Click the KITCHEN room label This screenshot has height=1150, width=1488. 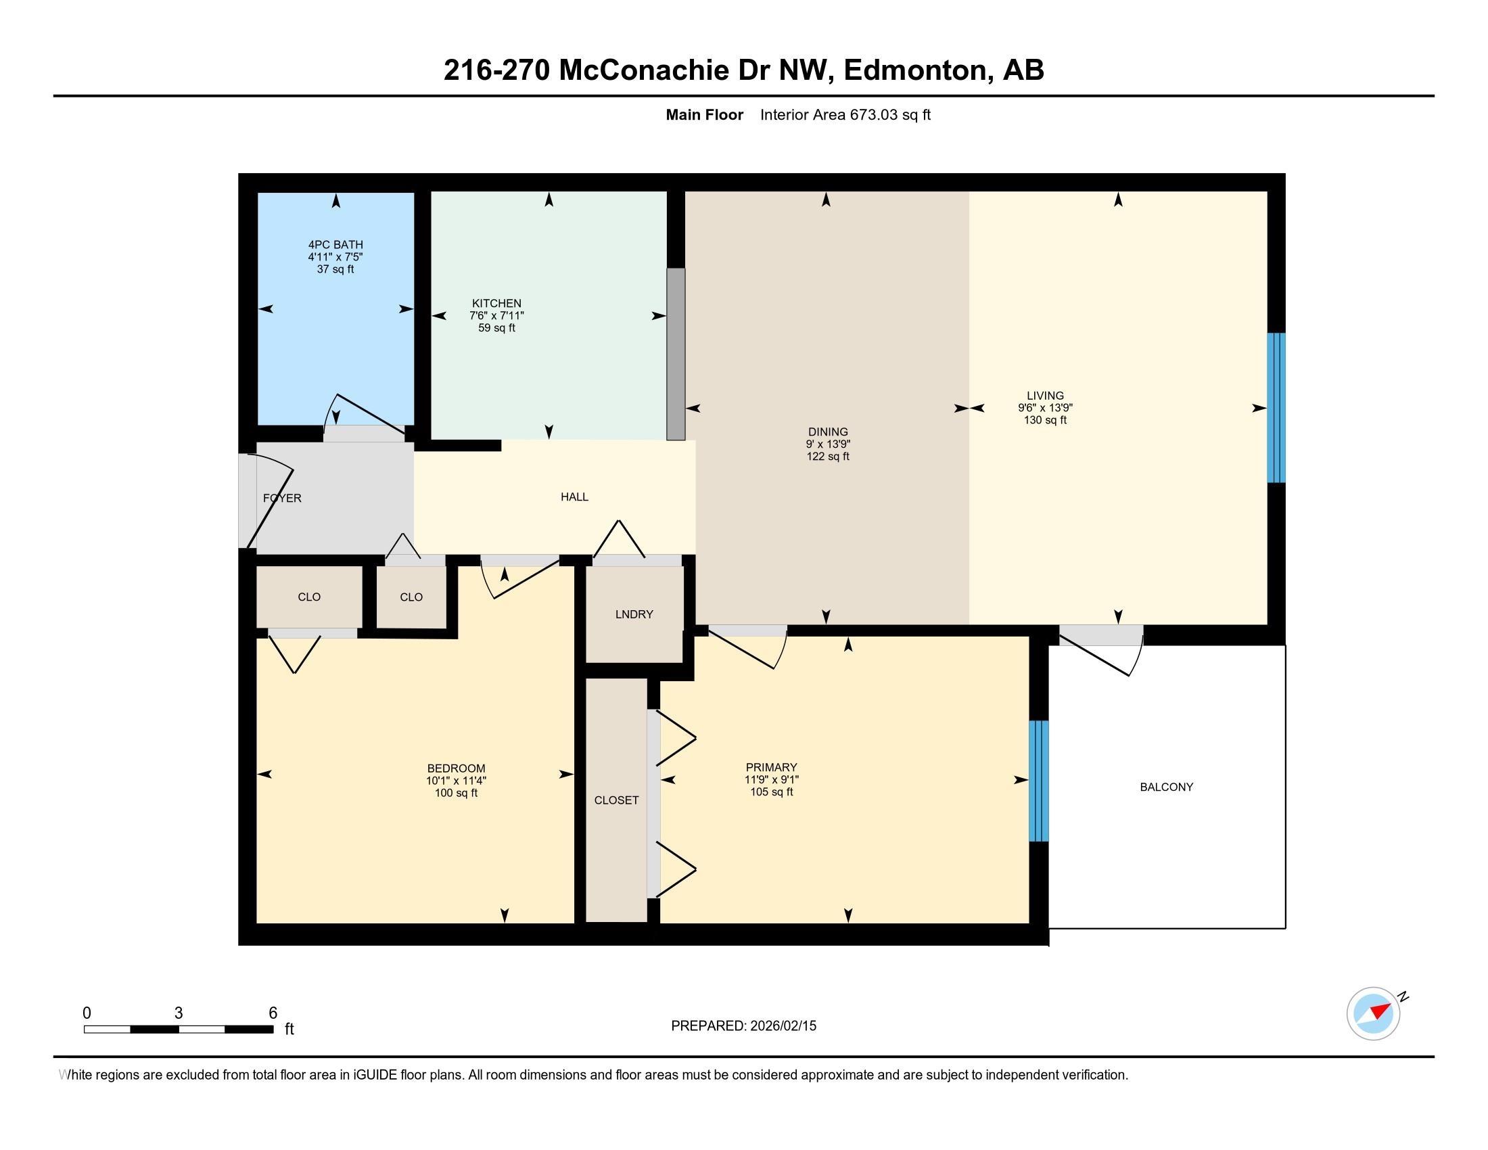click(496, 303)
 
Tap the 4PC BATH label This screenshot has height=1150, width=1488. click(335, 245)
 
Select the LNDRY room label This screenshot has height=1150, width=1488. click(634, 614)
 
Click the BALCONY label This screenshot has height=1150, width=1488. click(1167, 787)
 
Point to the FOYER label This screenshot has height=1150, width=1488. click(282, 498)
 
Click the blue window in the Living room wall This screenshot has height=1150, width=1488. click(1276, 407)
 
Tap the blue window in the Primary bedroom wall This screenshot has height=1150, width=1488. click(1038, 781)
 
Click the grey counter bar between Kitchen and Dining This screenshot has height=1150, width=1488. click(675, 354)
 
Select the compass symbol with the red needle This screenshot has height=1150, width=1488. click(1373, 1013)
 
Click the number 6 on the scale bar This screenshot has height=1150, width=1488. click(273, 1013)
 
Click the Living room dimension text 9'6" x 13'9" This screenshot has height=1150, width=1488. click(1045, 408)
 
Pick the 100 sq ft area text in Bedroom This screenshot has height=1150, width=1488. click(456, 793)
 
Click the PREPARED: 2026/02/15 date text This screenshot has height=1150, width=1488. click(743, 1026)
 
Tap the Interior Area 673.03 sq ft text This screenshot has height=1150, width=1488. click(845, 114)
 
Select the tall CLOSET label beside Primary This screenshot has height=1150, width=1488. click(616, 800)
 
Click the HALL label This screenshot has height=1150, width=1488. click(574, 497)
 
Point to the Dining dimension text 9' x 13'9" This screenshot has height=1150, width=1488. click(828, 444)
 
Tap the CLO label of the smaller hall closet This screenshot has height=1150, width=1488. click(411, 597)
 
